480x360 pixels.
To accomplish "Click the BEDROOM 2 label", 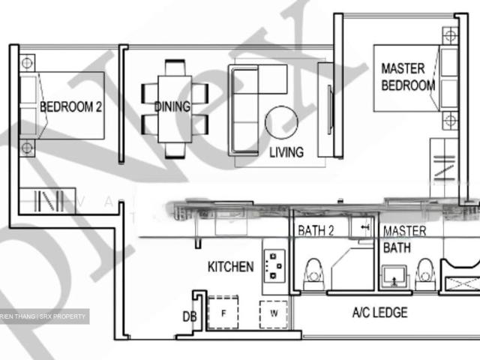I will [x=70, y=106].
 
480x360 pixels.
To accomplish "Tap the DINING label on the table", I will [x=172, y=106].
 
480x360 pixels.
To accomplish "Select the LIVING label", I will [x=286, y=152].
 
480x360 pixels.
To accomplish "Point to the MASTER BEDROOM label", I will [x=408, y=76].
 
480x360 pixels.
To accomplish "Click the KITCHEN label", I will [x=230, y=266].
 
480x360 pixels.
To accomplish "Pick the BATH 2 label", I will [x=316, y=231].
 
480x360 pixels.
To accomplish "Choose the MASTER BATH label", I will [x=405, y=239].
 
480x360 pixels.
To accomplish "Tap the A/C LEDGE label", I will [x=379, y=312].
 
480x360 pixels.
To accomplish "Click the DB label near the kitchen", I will [x=189, y=317].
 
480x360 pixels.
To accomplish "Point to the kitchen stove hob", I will [x=275, y=265].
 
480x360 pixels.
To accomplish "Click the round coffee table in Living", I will [x=281, y=121].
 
